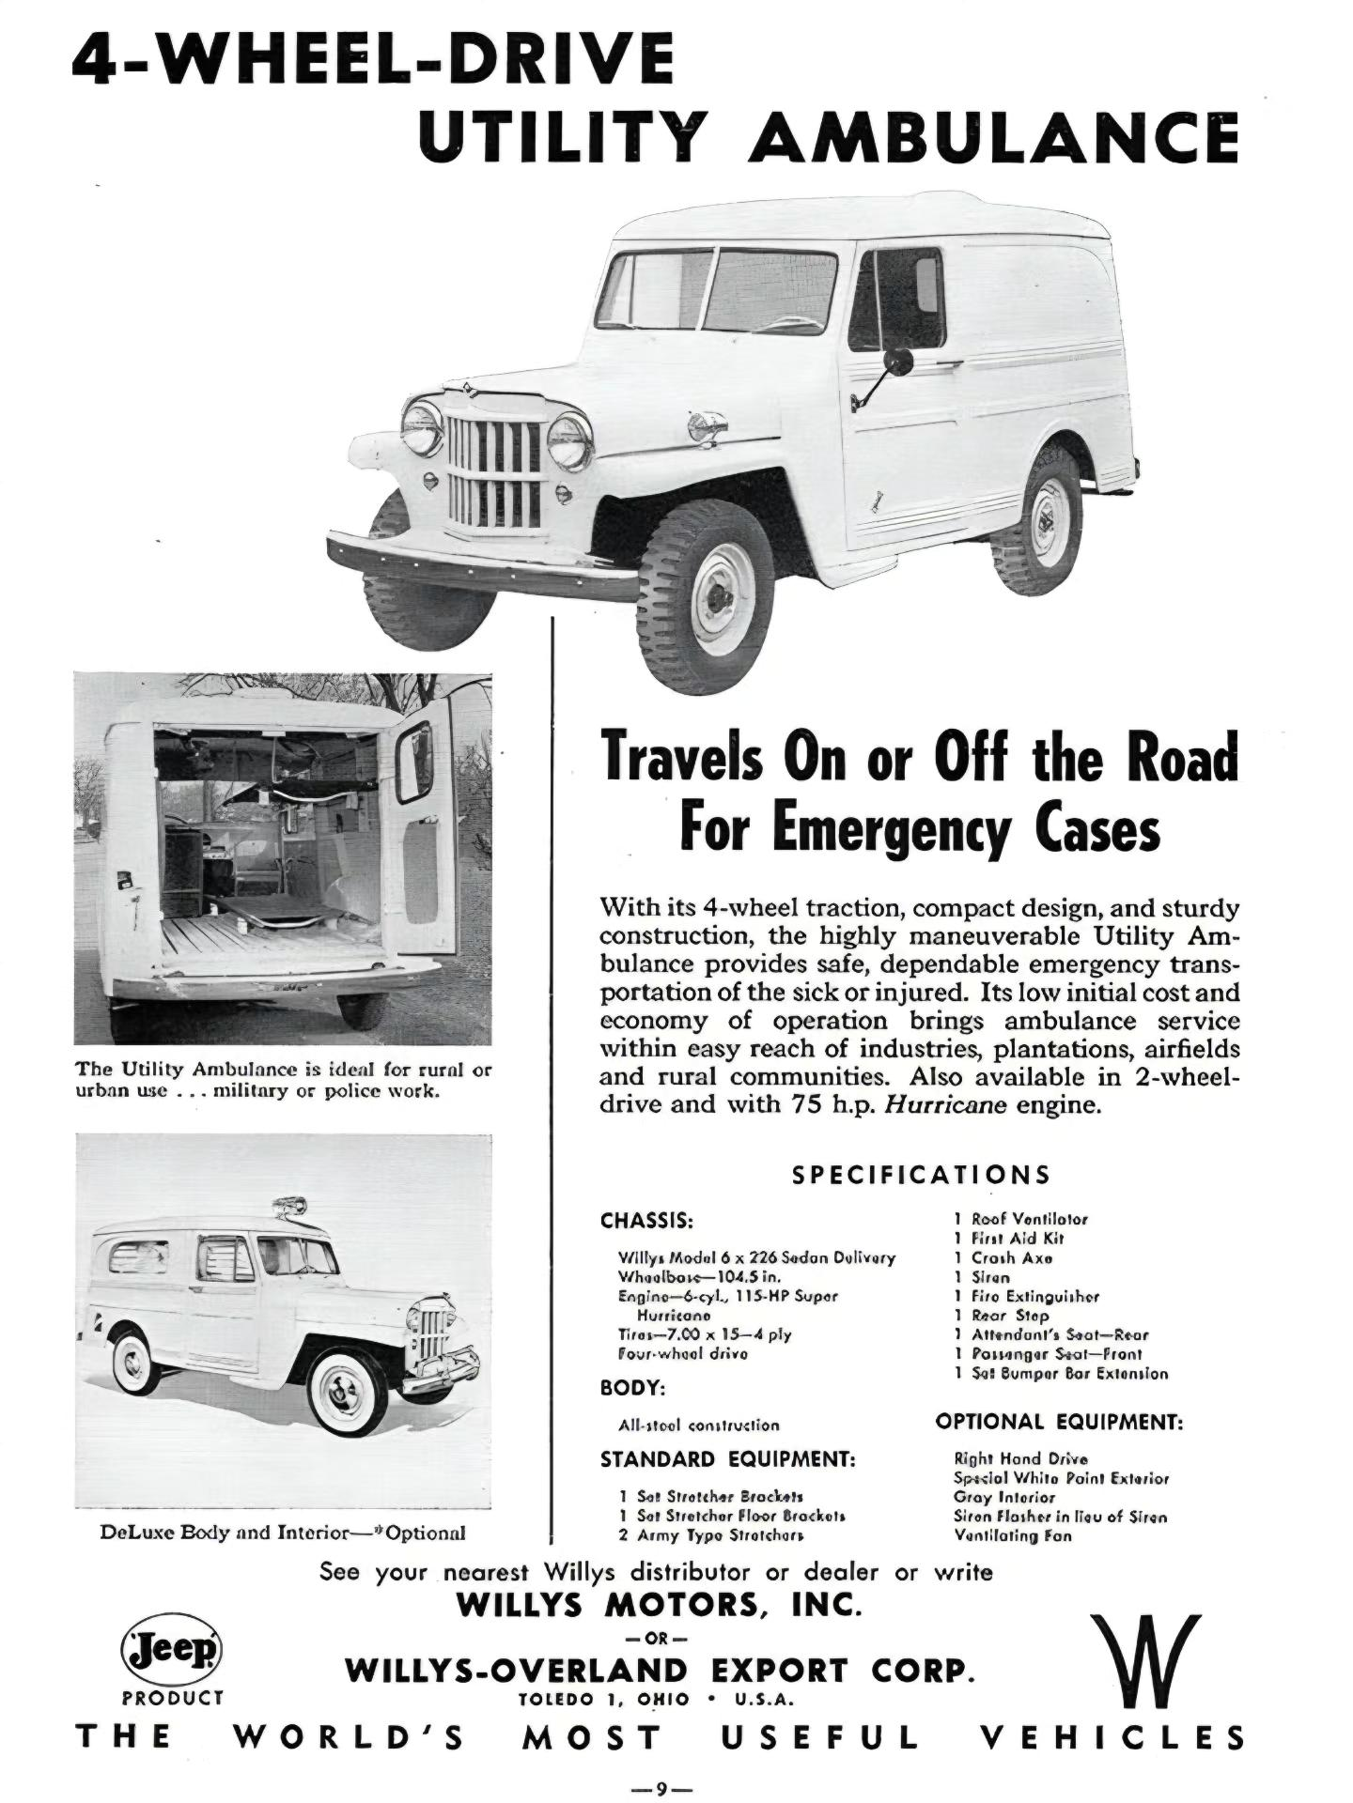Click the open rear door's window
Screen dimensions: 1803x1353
[x=414, y=763]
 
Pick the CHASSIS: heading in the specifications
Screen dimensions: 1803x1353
[x=646, y=1222]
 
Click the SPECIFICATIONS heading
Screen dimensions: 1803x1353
[x=921, y=1175]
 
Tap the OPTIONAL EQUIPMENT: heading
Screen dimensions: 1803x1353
[x=1059, y=1422]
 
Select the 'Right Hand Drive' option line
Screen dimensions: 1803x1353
[x=1020, y=1458]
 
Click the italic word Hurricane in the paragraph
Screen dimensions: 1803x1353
[x=946, y=1104]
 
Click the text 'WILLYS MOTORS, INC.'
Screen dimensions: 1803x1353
[x=659, y=1604]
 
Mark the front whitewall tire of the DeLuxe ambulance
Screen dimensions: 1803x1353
[x=347, y=1391]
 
